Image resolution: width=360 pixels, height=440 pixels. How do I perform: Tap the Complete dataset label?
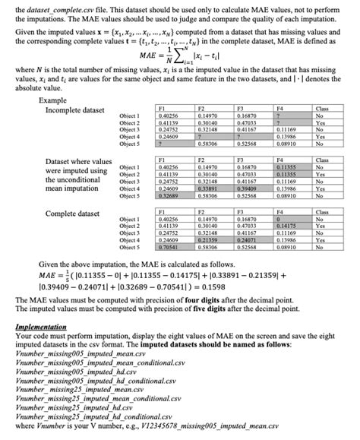pos(72,214)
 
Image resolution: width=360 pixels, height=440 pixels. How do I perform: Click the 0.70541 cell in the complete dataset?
pos(168,247)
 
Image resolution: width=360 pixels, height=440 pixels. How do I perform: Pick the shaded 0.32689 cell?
pos(168,195)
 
